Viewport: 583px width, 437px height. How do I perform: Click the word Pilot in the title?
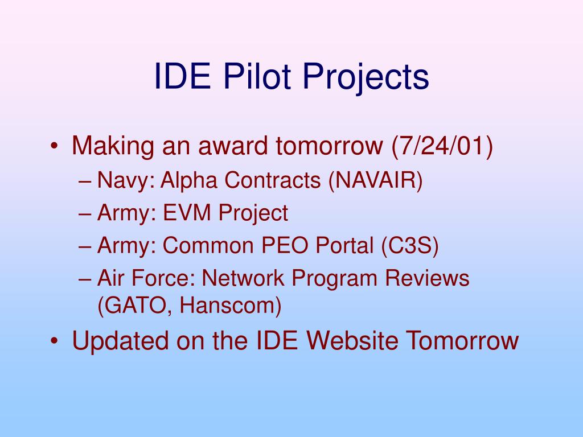[257, 76]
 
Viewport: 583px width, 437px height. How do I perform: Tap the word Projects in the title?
[366, 79]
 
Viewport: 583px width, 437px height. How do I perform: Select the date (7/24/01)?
[442, 146]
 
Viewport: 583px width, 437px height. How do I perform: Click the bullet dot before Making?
[54, 146]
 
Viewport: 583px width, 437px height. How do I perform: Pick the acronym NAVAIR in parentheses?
[376, 180]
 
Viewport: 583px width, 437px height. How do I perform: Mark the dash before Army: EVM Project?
[85, 215]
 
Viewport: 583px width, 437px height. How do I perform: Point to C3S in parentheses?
[410, 246]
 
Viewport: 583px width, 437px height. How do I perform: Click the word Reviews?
[427, 278]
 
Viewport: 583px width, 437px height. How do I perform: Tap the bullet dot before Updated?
[54, 341]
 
